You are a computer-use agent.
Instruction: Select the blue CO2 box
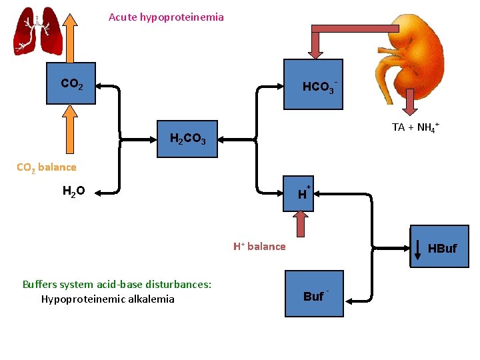(71, 84)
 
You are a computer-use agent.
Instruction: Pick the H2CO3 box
(187, 139)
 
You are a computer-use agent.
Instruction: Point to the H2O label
(73, 192)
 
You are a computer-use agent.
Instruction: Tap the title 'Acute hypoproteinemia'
(166, 17)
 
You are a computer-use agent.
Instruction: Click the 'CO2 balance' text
(46, 167)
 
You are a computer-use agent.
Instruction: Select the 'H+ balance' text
(259, 247)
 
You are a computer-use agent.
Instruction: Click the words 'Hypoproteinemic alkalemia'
(107, 299)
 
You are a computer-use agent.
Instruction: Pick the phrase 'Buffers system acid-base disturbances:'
(117, 285)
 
